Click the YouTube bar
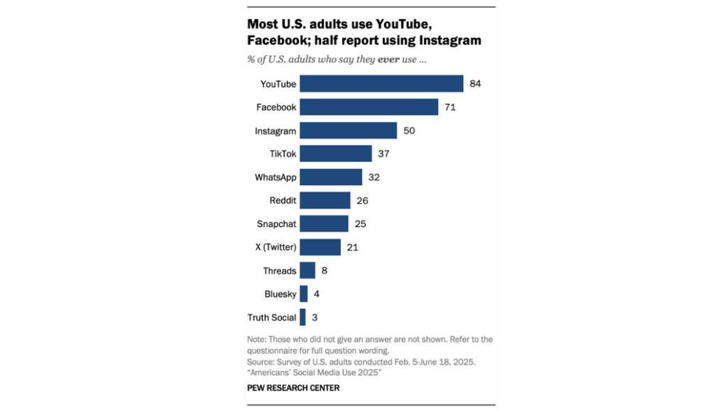tap(381, 84)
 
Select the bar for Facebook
tap(368, 107)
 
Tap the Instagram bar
tap(348, 131)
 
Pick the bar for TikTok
tap(335, 154)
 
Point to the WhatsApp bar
tap(330, 177)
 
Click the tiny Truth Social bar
tap(302, 317)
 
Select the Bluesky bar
tap(303, 293)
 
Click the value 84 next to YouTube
tap(476, 84)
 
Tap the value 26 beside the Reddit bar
tap(362, 200)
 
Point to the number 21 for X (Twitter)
tap(352, 247)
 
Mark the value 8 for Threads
tap(324, 271)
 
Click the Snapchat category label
tap(276, 224)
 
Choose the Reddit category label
tap(283, 200)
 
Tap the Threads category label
tap(279, 271)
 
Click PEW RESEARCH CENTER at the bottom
tap(293, 388)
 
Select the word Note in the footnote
tap(258, 340)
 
